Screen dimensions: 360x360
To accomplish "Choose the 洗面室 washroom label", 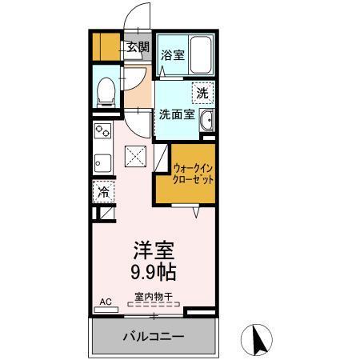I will [x=177, y=114].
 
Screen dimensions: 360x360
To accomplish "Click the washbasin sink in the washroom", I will [x=207, y=122].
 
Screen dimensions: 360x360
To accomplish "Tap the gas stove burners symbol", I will [x=102, y=130].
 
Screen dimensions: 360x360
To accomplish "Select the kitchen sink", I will [x=102, y=163].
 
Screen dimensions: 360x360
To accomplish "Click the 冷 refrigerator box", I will [x=102, y=192].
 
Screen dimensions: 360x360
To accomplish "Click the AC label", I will [x=103, y=302].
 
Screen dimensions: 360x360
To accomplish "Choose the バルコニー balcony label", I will [x=153, y=337].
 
